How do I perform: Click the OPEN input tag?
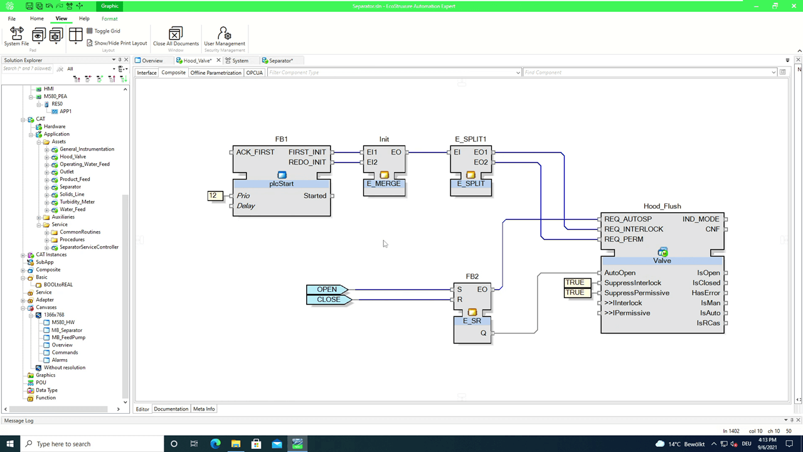[327, 289]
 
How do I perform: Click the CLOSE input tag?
[328, 299]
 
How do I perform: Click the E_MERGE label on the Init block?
[384, 184]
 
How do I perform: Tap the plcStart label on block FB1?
[281, 184]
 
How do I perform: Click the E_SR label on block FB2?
[472, 321]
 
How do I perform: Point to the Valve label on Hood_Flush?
[662, 261]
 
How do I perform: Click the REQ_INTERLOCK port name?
[634, 229]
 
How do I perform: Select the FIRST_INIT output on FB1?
[307, 152]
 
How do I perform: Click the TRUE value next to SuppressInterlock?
[575, 282]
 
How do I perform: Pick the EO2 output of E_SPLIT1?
[481, 162]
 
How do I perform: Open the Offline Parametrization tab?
[216, 73]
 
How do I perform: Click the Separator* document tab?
[280, 61]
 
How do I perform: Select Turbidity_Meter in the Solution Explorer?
[77, 202]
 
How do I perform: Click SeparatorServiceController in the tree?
[89, 247]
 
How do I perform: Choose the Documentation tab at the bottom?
[171, 409]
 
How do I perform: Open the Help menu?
[84, 19]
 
